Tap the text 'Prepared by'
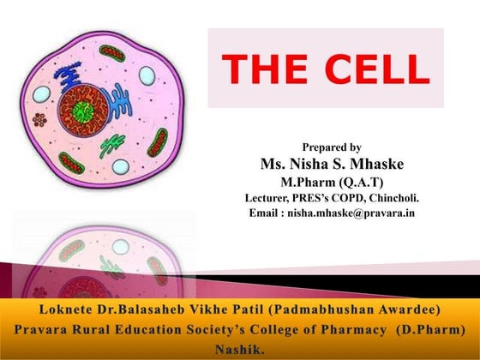point(332,147)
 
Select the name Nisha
point(315,164)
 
